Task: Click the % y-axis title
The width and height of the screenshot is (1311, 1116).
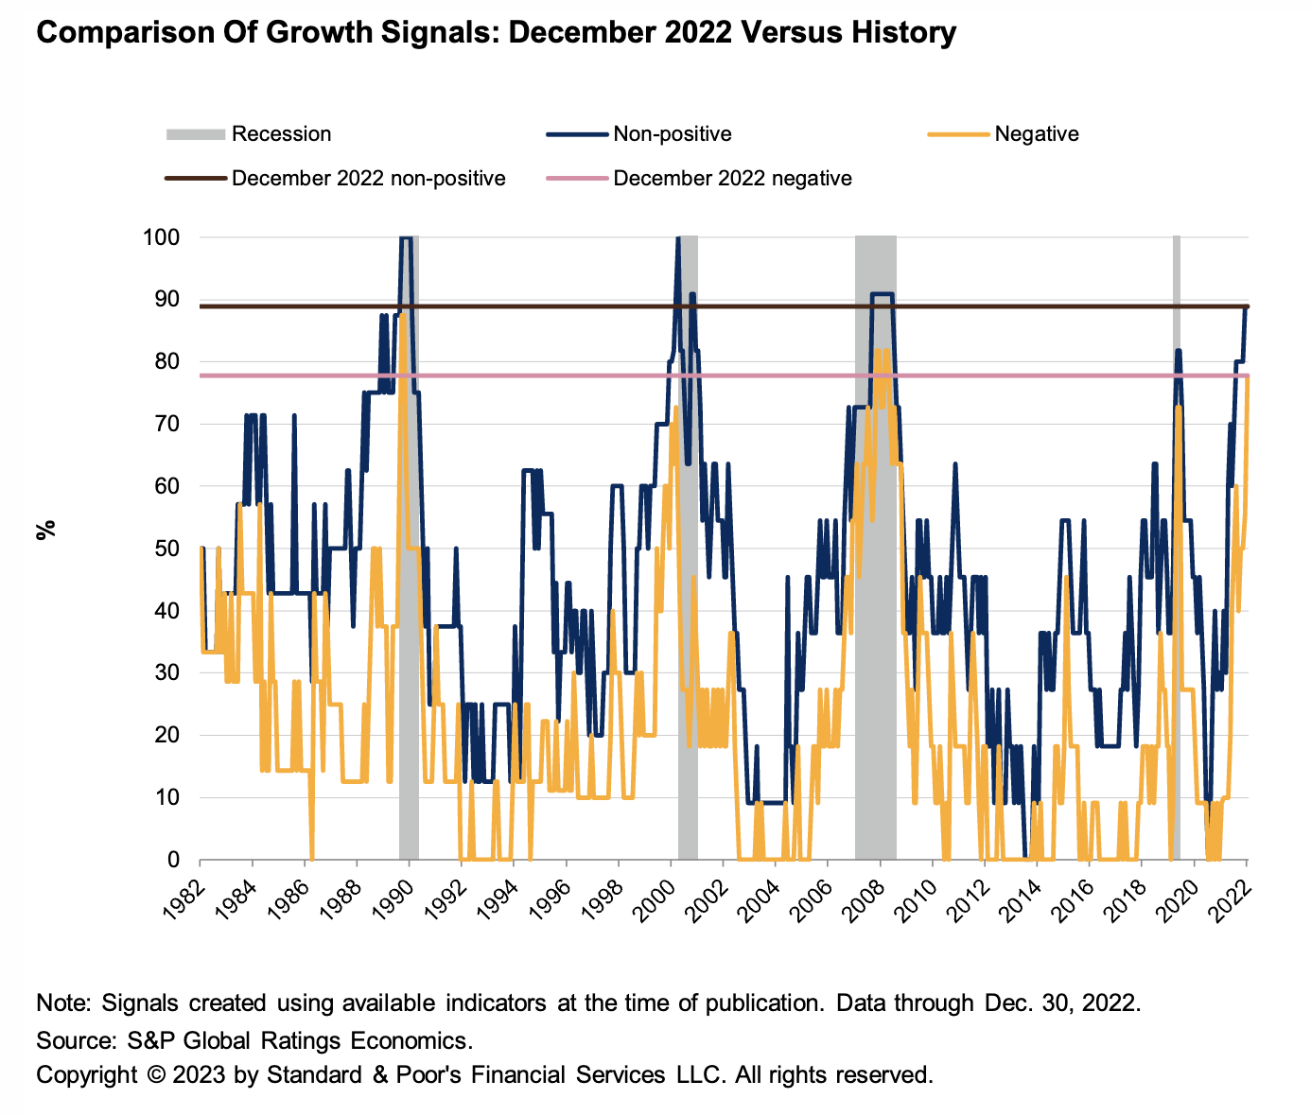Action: tap(44, 529)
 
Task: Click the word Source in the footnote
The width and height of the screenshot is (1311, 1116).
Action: tap(74, 1041)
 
